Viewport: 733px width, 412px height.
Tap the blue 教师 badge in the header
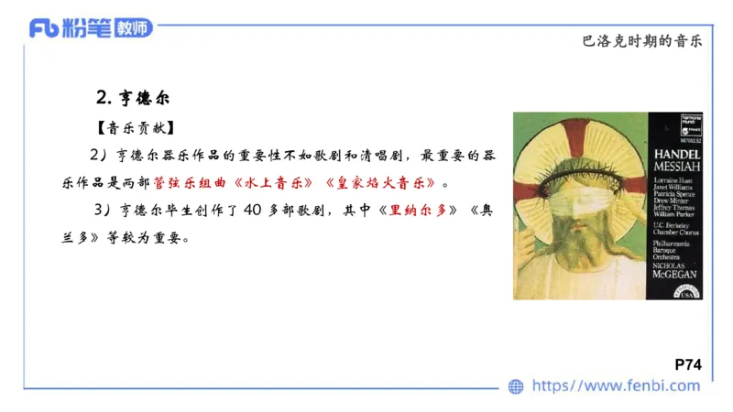[134, 28]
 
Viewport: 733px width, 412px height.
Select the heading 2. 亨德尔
[134, 97]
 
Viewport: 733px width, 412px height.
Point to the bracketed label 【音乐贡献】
[134, 127]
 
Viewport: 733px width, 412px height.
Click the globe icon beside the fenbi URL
[517, 386]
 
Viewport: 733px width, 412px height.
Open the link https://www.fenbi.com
[616, 386]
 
